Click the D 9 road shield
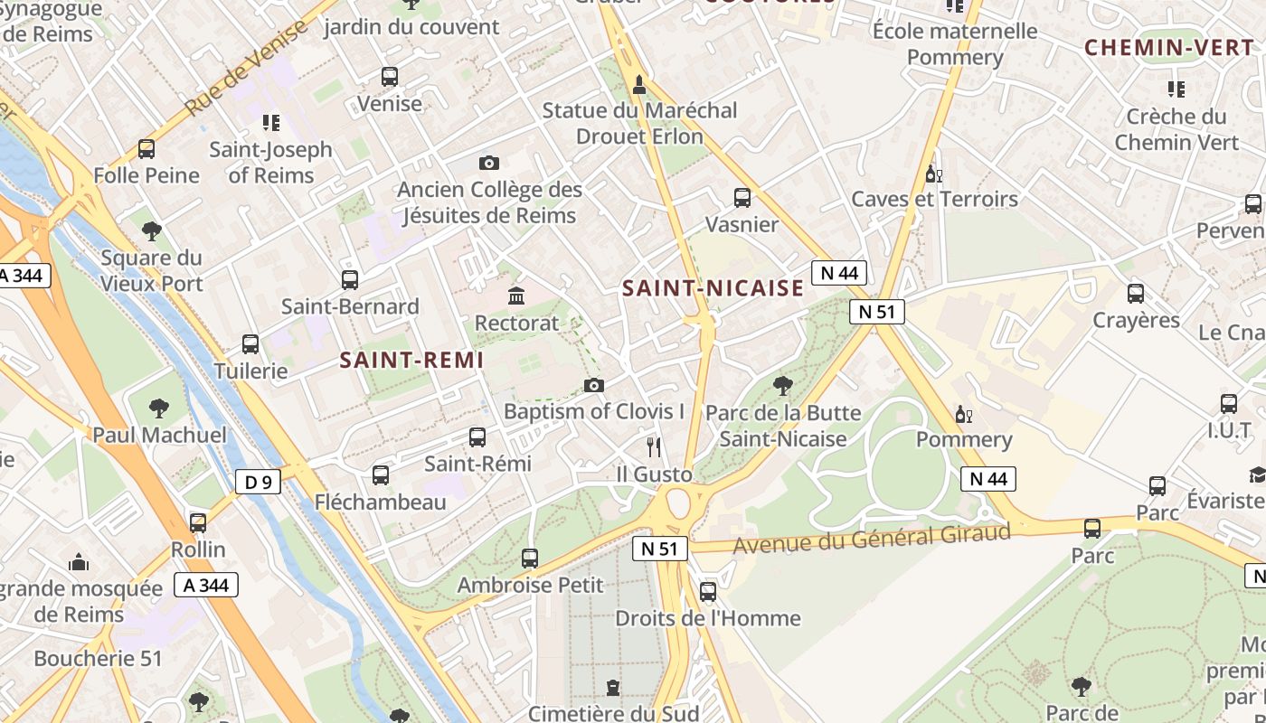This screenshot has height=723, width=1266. coord(259,482)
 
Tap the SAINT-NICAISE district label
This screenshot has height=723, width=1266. coord(713,288)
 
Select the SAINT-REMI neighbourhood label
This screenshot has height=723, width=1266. coord(411,360)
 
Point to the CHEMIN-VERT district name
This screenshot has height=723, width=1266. coord(1168,48)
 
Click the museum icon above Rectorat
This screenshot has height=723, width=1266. coord(516,296)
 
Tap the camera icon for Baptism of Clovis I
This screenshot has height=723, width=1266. coord(593,386)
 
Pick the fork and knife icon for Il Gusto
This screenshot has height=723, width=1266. coord(654,447)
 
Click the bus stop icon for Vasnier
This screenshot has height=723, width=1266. coord(742,197)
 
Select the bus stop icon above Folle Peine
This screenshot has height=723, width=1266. coord(146,149)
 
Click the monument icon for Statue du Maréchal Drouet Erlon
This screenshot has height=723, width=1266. coord(639,85)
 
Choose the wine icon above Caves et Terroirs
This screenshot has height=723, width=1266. coord(934,174)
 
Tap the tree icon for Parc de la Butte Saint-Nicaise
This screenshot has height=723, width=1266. coord(782,387)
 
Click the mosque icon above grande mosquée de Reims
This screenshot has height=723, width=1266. coord(79,562)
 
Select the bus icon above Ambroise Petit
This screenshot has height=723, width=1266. coord(530,559)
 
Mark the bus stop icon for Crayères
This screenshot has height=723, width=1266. coord(1135,294)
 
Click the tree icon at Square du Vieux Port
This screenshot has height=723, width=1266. coord(151,231)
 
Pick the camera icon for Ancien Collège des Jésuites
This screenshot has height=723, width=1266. coord(488,164)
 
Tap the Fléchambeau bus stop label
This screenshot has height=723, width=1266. coord(380,502)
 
